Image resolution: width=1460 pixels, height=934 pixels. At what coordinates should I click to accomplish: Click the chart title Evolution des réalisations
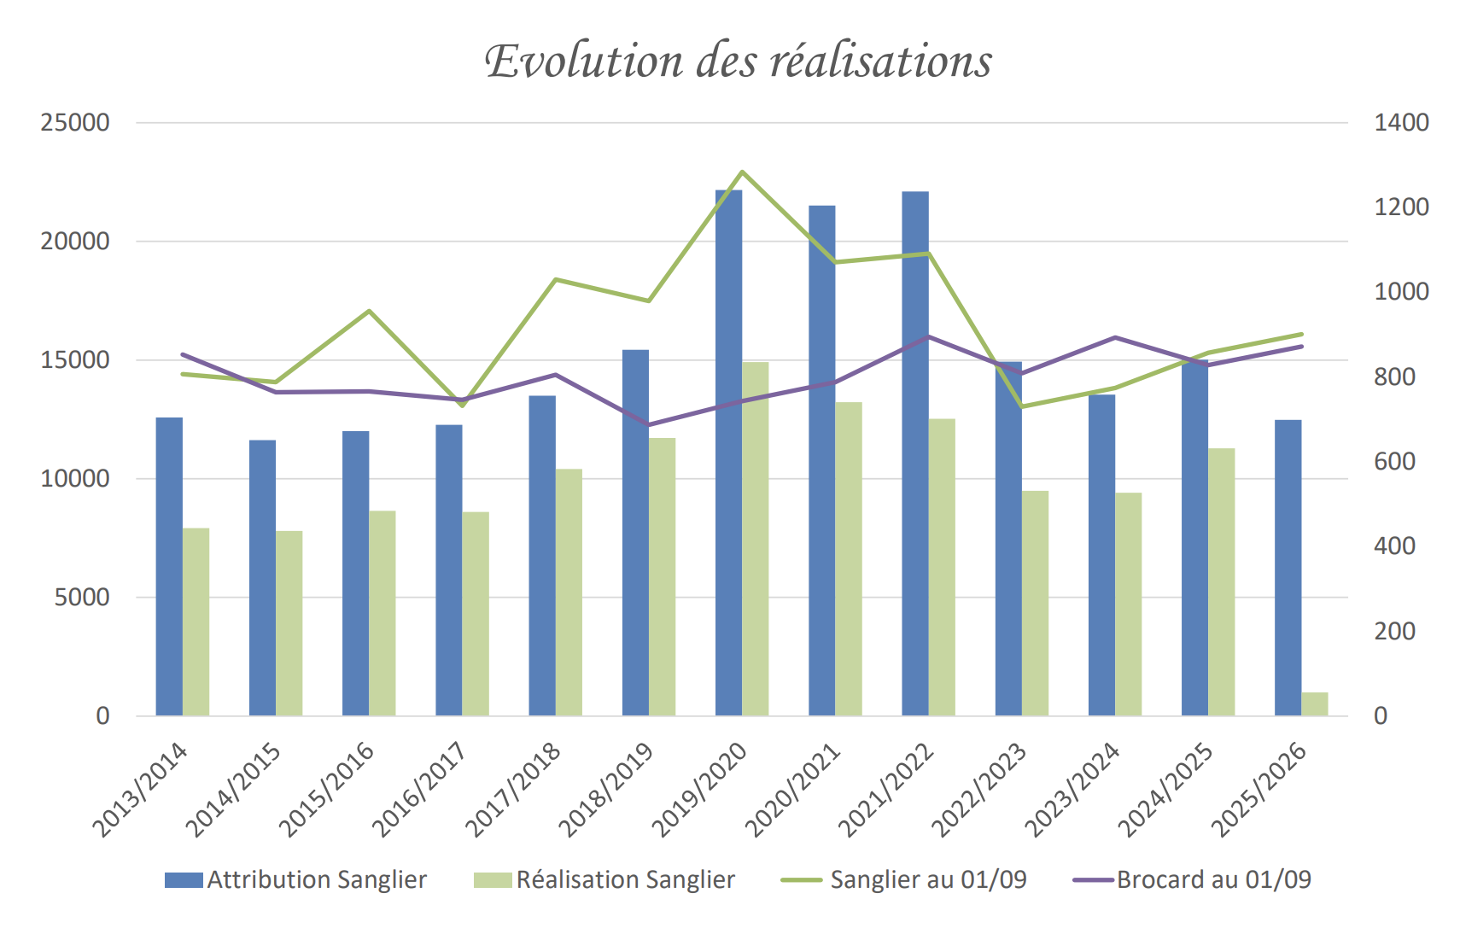(x=738, y=61)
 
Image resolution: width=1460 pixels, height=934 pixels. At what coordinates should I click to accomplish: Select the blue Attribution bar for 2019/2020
(x=728, y=452)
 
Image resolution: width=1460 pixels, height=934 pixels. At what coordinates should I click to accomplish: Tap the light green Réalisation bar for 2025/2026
(x=1314, y=704)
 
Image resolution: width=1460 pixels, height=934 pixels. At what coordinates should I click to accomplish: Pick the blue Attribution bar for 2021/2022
(x=915, y=452)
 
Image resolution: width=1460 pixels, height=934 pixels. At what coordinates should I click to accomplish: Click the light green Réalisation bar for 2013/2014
(x=196, y=622)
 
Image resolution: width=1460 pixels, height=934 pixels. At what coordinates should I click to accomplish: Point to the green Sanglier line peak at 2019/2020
(x=742, y=172)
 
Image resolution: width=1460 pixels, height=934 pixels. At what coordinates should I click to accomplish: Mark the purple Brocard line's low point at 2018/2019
(x=648, y=424)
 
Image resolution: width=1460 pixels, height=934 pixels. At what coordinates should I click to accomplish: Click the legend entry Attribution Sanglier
(x=295, y=880)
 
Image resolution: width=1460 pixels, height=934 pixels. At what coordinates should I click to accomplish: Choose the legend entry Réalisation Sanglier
(x=604, y=880)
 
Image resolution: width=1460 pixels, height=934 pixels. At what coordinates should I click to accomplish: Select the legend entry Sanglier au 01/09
(x=904, y=880)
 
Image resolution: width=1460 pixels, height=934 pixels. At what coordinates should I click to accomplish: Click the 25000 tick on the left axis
(x=75, y=123)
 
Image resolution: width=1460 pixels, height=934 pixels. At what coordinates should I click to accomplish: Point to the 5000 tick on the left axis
(x=82, y=598)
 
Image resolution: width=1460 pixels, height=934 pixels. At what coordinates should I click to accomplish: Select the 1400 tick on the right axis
(x=1401, y=123)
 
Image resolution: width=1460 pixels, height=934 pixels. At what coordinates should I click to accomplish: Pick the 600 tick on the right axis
(x=1394, y=462)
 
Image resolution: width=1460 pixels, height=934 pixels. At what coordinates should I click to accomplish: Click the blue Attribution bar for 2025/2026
(x=1288, y=568)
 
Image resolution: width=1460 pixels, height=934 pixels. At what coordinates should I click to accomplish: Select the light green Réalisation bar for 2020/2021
(x=849, y=559)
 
